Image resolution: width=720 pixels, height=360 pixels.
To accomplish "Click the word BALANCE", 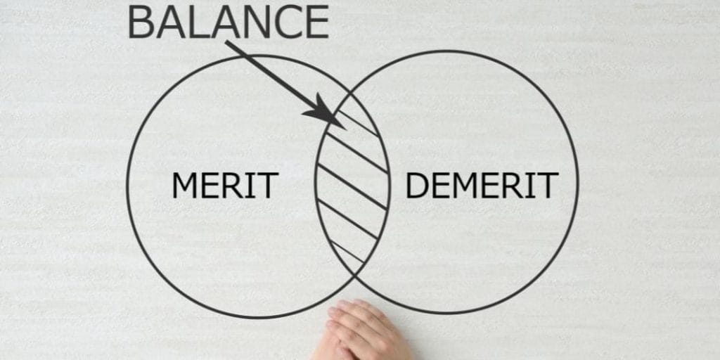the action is click(229, 22).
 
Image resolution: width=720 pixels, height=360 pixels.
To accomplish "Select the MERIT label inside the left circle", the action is click(225, 185).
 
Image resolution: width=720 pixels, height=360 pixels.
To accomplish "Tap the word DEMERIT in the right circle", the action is click(482, 185).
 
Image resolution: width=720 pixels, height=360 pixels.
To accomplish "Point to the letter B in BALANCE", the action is click(140, 22).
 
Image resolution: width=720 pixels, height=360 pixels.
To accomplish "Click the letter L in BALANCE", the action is click(198, 22).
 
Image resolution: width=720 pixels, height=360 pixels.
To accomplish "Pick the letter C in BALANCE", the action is click(287, 22).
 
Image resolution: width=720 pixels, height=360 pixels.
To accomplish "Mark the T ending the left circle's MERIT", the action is click(269, 185).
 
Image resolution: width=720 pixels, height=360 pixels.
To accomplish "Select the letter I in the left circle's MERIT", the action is click(252, 185).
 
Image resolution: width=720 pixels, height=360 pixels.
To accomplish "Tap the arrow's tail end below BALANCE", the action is click(226, 42).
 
